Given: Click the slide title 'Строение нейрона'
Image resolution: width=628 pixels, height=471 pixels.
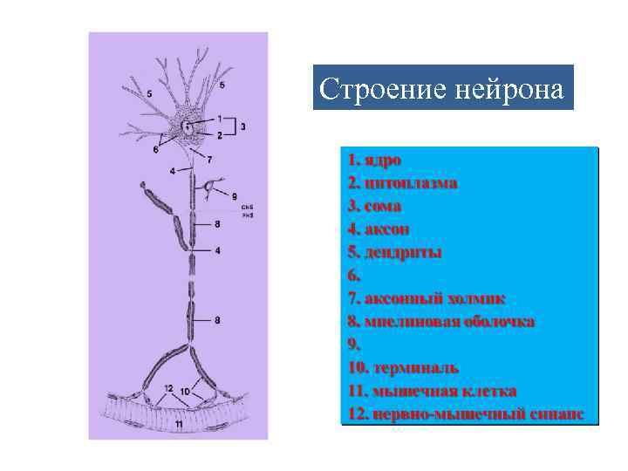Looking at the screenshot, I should click(x=442, y=88).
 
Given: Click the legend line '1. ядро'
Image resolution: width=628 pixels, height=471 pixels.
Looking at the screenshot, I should click(x=373, y=161).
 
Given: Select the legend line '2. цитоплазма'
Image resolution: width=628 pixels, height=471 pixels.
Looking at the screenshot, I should click(x=402, y=184).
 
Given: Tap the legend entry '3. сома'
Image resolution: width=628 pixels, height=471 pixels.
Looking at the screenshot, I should click(x=373, y=207).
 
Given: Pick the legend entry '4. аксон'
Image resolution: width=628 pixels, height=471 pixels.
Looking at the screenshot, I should click(x=378, y=229).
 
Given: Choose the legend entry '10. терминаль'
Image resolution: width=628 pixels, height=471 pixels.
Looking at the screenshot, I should click(x=403, y=368).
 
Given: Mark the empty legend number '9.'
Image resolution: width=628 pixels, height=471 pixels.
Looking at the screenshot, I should click(x=353, y=345).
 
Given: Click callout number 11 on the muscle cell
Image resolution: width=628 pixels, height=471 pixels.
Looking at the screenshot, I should click(x=178, y=424).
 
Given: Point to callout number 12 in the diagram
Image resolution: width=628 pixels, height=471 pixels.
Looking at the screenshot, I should click(x=167, y=387).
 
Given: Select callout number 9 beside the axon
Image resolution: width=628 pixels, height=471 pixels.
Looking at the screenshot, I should click(x=235, y=196).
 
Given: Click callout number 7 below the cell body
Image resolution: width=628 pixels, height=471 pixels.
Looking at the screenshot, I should click(x=208, y=160).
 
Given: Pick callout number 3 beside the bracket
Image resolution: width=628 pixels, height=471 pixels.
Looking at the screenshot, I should click(x=242, y=126).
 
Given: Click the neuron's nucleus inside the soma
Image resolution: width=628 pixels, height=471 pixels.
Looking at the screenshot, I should click(x=188, y=127).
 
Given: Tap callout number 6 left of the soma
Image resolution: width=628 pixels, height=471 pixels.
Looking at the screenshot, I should click(x=154, y=149).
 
